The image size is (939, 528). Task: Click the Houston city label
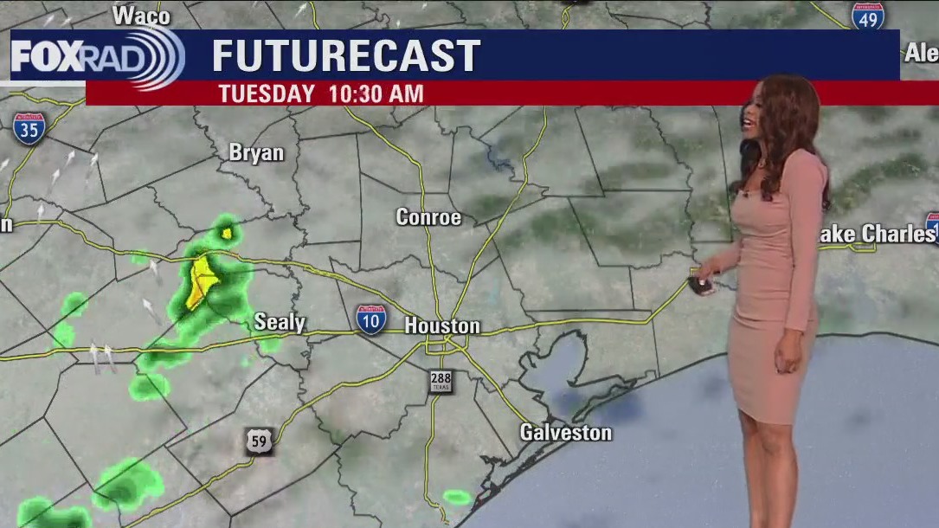(442, 326)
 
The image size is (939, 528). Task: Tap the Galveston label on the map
(565, 432)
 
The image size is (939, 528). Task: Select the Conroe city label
(428, 217)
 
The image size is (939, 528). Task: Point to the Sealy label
(280, 323)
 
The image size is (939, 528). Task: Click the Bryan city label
(256, 152)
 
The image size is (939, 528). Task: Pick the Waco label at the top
(141, 15)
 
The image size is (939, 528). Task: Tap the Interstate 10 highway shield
(371, 319)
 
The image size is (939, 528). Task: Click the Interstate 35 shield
(29, 128)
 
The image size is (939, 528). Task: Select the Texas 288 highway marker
(441, 381)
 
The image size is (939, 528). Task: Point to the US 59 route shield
(259, 441)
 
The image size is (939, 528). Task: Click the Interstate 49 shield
(867, 16)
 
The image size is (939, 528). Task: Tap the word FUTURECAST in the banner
(346, 56)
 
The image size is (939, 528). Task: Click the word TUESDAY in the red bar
(267, 93)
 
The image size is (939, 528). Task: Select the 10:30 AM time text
(376, 93)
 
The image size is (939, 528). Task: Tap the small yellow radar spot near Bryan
(227, 232)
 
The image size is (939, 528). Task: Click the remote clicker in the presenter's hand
(702, 283)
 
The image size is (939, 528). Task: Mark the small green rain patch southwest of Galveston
(457, 497)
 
